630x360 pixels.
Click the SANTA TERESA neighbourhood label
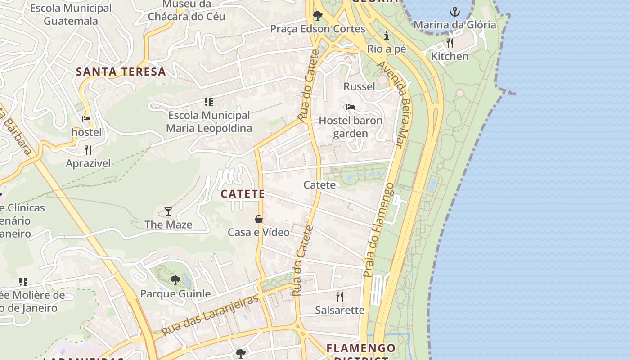(121, 72)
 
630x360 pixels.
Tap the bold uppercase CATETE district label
(243, 194)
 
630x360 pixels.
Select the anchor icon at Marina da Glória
(455, 12)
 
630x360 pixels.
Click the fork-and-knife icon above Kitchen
(450, 43)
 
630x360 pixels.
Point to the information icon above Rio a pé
(387, 36)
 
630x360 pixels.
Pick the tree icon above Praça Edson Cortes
(317, 16)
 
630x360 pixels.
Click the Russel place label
(359, 86)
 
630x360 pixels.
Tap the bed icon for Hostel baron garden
(351, 107)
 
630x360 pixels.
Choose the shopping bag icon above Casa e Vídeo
(259, 219)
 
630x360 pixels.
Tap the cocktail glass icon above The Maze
(168, 211)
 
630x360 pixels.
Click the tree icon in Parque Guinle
(175, 281)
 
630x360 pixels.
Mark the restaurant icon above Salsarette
(340, 297)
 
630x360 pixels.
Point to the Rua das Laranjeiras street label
(211, 315)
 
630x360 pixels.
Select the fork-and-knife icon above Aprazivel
(88, 150)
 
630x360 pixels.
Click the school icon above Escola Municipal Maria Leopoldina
(208, 102)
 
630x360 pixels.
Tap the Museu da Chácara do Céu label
(187, 10)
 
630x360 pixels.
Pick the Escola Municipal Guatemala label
(71, 14)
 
